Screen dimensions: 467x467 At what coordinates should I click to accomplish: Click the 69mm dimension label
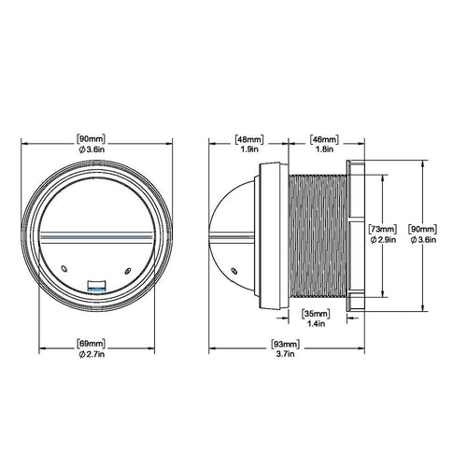point(91,344)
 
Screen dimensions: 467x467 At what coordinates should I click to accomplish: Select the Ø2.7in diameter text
point(92,354)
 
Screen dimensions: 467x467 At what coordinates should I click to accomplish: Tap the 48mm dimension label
point(249,139)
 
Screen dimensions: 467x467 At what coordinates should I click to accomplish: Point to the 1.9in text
point(249,149)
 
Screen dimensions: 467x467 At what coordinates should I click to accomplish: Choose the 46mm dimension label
point(324,139)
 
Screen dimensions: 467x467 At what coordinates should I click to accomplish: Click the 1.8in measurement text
point(324,149)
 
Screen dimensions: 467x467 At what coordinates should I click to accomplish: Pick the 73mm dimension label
point(383,229)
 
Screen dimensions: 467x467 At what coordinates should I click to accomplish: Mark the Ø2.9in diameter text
point(383,240)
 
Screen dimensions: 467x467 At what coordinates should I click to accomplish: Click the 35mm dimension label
point(316,313)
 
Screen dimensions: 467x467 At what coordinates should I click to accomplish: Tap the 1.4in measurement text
point(316,324)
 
